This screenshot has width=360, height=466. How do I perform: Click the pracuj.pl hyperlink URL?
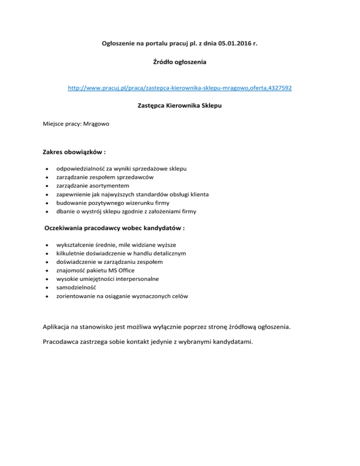[x=180, y=88]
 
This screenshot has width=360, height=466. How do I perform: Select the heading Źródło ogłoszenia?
[x=180, y=61]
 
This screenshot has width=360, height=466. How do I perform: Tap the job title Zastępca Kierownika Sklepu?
[x=180, y=106]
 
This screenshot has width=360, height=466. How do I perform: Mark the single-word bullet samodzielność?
[x=76, y=287]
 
